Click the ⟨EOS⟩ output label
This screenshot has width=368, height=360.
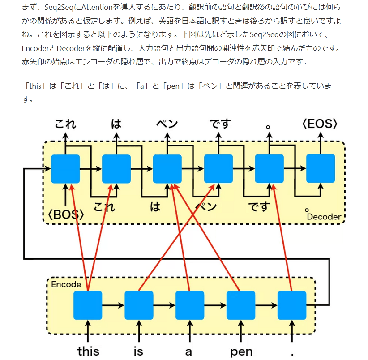(x=320, y=124)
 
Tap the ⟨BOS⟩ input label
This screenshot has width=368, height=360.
(x=66, y=215)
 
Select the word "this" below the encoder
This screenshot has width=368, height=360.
(x=88, y=351)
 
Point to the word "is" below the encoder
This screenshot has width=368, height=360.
(x=139, y=351)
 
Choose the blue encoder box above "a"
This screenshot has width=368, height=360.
(x=190, y=305)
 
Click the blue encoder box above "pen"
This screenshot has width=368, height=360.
(x=241, y=305)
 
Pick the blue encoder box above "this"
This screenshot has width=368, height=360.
(x=88, y=305)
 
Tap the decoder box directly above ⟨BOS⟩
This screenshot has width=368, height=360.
(x=65, y=168)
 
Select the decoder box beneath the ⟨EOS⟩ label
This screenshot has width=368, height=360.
(x=321, y=168)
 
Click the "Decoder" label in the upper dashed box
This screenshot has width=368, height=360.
(x=325, y=217)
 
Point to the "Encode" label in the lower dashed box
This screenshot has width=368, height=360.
(x=66, y=284)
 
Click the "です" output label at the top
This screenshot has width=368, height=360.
(x=219, y=124)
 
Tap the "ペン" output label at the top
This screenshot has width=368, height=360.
(x=167, y=124)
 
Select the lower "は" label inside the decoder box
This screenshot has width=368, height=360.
(x=155, y=207)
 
